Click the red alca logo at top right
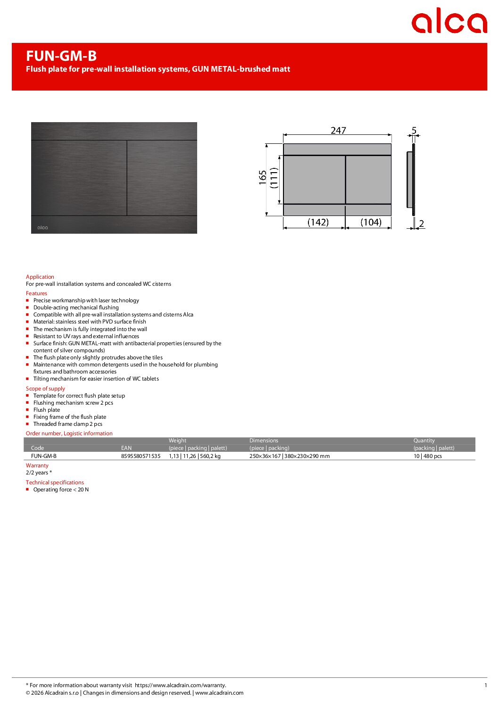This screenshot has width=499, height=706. [449, 21]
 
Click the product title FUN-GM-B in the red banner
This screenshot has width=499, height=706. [61, 56]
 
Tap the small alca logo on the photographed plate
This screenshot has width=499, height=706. [42, 228]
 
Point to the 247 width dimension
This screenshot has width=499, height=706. [338, 130]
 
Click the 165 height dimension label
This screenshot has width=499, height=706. [263, 177]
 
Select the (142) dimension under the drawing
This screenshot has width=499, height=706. [318, 222]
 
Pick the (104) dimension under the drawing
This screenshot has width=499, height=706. [371, 222]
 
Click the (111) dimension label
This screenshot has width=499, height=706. [274, 178]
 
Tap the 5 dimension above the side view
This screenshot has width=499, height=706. [414, 130]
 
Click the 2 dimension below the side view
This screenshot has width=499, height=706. [422, 224]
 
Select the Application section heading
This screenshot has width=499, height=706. [40, 277]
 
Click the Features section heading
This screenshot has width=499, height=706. [36, 293]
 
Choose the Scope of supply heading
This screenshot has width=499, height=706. [45, 389]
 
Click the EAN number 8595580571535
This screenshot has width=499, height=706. [141, 456]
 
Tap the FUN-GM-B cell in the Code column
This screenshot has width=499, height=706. [44, 456]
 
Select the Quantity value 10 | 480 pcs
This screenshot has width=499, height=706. [428, 456]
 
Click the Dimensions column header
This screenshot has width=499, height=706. [264, 440]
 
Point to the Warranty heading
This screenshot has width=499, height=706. [37, 465]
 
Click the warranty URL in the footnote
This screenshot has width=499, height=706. [180, 685]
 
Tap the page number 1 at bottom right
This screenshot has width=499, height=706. [485, 685]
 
